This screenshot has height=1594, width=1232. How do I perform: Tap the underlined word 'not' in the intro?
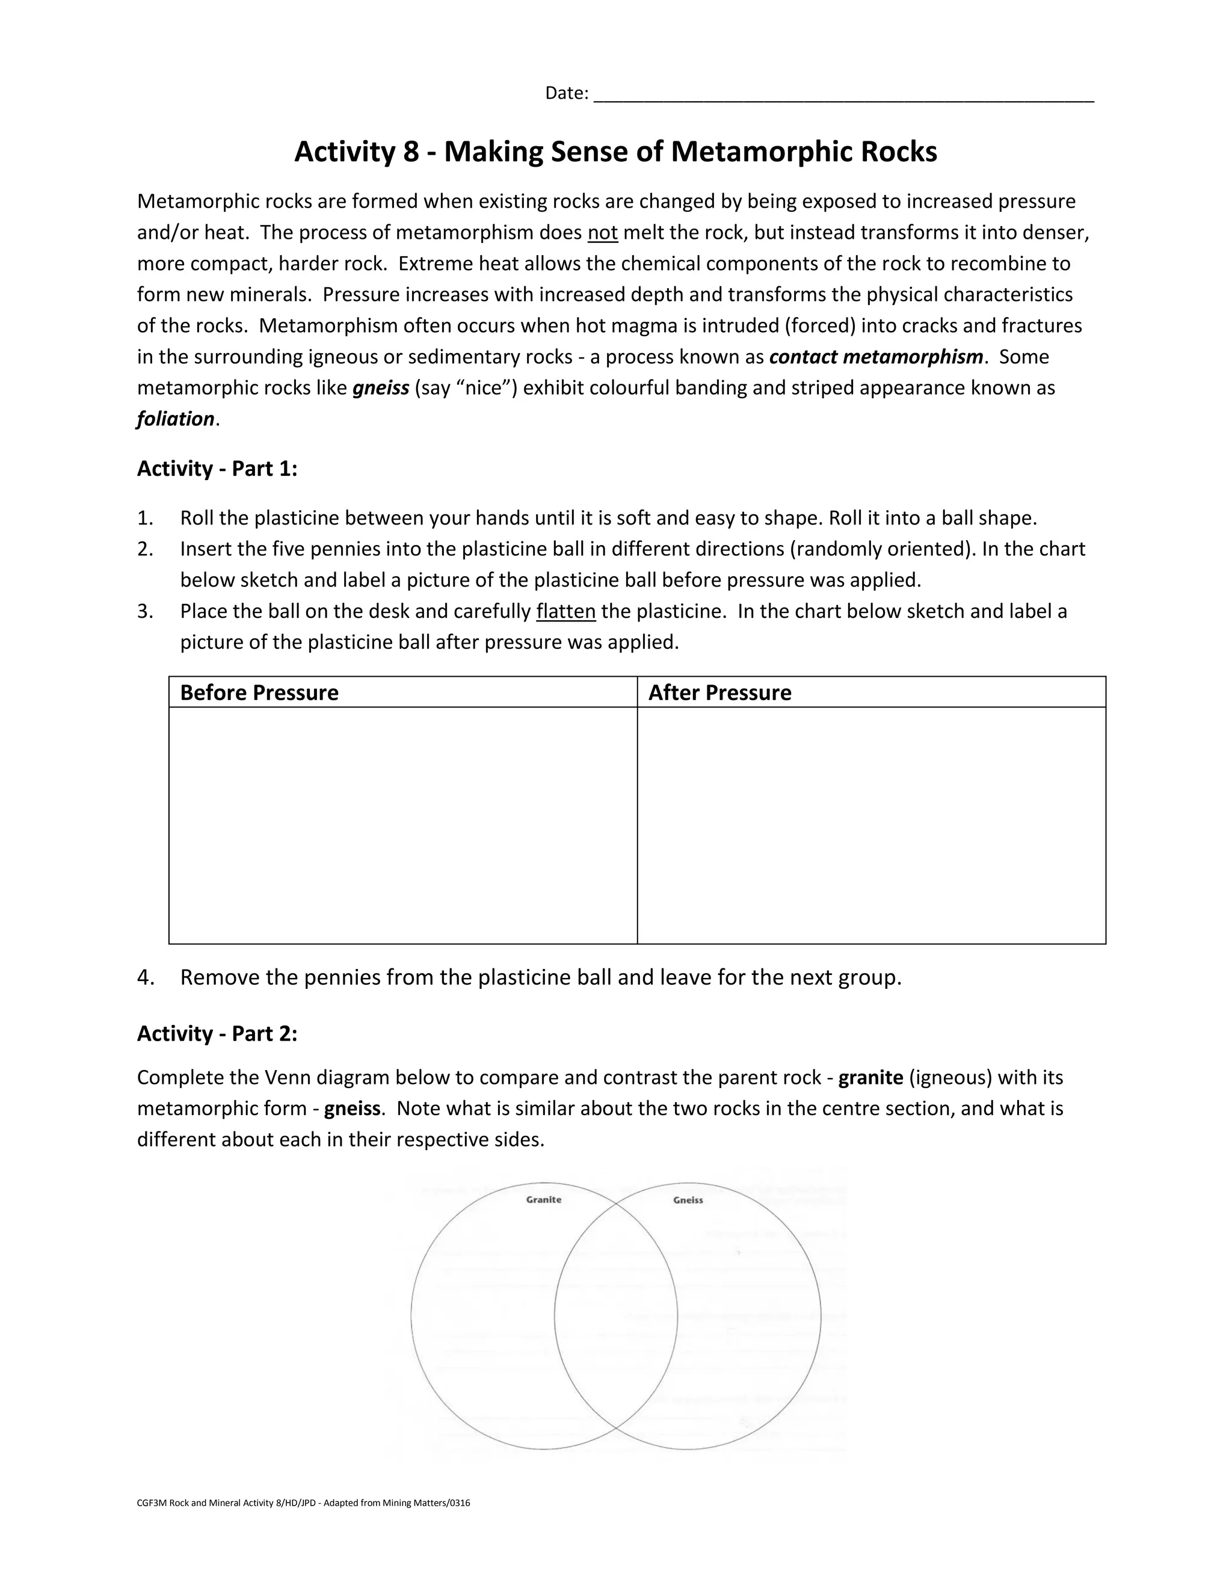602,233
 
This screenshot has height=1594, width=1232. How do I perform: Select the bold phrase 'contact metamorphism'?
876,357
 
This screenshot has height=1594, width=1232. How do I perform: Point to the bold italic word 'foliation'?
175,419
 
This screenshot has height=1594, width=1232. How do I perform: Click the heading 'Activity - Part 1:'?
217,469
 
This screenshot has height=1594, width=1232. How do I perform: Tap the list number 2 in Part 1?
144,549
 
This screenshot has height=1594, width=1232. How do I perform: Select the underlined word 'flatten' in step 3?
565,611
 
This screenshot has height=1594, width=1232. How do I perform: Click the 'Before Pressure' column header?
259,692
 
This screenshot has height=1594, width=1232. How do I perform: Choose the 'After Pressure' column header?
719,692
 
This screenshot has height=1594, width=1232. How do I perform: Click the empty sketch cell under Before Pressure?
403,825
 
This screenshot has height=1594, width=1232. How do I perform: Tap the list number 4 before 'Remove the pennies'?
144,977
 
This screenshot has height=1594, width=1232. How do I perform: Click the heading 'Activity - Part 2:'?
217,1033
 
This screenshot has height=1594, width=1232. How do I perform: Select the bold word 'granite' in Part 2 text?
870,1078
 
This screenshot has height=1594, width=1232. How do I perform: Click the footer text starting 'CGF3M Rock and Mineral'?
303,1503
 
